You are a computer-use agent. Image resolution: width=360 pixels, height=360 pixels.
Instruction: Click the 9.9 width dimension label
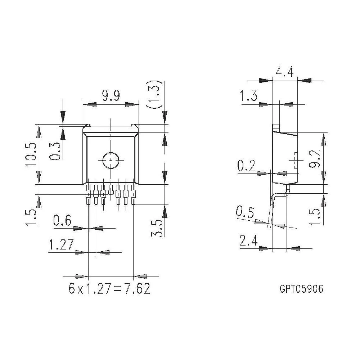pyautogui.click(x=111, y=96)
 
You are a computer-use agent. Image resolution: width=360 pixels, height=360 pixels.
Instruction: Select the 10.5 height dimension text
pyautogui.click(x=31, y=154)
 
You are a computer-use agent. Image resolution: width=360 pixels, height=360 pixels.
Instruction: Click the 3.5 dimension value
pyautogui.click(x=157, y=229)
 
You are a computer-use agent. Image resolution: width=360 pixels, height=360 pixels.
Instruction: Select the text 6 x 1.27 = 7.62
pyautogui.click(x=109, y=289)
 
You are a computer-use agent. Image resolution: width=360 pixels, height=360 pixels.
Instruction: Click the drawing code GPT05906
pyautogui.click(x=301, y=289)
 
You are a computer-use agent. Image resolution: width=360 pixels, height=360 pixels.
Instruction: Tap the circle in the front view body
pyautogui.click(x=111, y=160)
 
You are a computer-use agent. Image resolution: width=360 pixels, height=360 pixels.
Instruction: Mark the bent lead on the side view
pyautogui.click(x=275, y=205)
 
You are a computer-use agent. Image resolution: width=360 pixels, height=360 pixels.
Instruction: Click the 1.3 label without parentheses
pyautogui.click(x=249, y=97)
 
